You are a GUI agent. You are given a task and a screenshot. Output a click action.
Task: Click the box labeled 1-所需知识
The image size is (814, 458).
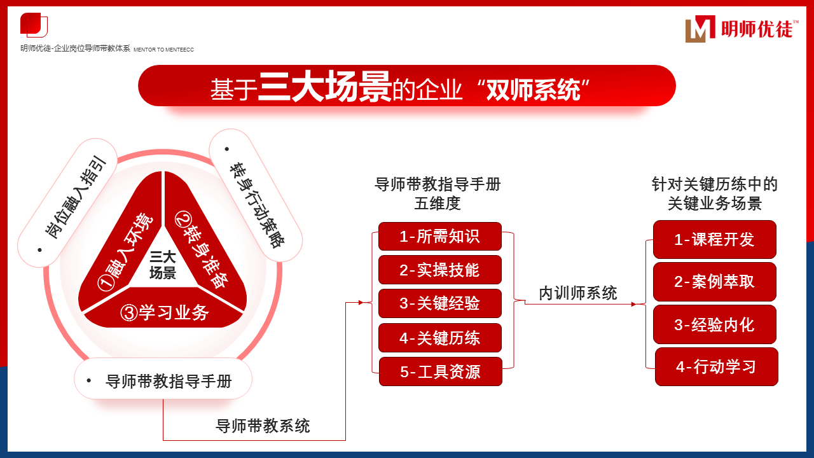[439, 236]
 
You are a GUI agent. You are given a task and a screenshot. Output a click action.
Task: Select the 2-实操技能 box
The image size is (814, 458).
[439, 270]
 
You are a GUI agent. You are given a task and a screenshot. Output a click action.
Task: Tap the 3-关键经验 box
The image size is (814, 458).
[439, 303]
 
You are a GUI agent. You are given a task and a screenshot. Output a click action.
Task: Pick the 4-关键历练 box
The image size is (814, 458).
[439, 338]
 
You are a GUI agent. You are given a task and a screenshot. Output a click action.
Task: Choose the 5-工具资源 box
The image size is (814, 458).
[441, 371]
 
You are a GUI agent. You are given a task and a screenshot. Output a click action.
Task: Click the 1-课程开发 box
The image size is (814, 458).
[714, 240]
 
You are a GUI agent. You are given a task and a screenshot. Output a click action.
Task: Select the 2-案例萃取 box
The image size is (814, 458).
[714, 282]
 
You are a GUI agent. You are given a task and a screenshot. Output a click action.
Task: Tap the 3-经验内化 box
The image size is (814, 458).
[714, 324]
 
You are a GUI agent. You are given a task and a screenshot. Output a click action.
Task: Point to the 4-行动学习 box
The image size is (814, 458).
[716, 367]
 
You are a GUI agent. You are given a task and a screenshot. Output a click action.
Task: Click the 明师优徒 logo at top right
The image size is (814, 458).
[742, 29]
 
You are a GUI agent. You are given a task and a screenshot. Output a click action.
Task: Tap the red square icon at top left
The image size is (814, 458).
[34, 25]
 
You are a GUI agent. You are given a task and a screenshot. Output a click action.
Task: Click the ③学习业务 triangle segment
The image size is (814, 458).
[164, 309]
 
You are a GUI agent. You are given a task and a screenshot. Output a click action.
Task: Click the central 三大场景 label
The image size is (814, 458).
[163, 265]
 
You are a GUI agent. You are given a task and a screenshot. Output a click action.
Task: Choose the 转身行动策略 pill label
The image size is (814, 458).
[256, 195]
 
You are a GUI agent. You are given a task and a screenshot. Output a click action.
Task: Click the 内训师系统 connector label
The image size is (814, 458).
[578, 293]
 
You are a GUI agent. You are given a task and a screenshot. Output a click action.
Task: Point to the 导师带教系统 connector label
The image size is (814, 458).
[263, 426]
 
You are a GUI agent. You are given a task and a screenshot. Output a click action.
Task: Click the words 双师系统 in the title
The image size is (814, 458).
[533, 90]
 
